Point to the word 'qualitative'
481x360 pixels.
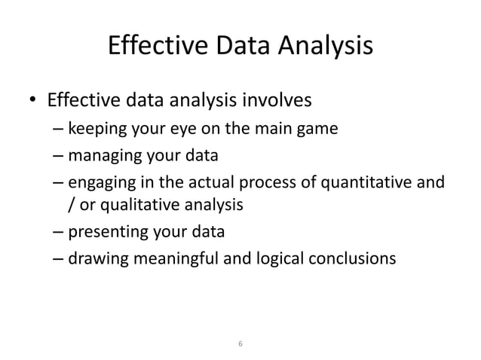click(137, 203)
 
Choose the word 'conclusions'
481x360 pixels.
click(353, 258)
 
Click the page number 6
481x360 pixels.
click(240, 343)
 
